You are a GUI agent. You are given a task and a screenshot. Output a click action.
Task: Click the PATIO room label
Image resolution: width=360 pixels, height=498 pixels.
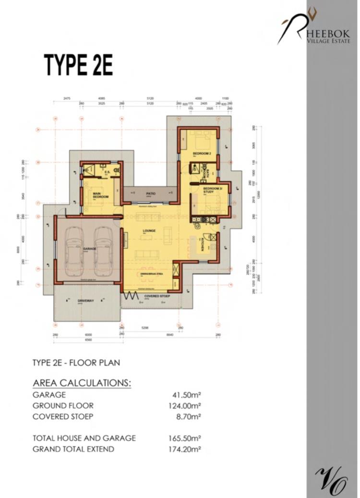click(149, 193)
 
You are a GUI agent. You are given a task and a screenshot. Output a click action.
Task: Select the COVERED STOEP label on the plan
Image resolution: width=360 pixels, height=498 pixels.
click(154, 296)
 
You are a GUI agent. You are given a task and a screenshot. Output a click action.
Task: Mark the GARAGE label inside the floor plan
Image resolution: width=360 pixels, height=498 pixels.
click(90, 249)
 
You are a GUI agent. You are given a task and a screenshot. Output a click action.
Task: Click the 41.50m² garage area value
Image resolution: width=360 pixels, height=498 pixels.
click(186, 395)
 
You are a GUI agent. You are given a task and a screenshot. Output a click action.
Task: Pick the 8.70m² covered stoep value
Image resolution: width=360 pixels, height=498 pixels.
click(188, 416)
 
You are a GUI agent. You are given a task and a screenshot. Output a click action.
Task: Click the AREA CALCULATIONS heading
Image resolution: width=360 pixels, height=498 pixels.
click(82, 383)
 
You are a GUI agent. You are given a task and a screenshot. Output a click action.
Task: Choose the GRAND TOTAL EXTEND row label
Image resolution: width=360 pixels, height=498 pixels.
click(73, 449)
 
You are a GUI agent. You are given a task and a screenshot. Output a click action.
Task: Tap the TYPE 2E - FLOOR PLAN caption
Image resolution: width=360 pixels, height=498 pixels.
click(76, 363)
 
